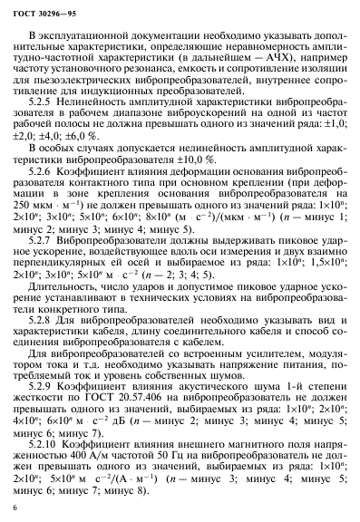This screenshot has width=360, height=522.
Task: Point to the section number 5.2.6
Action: tap(53, 195)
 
